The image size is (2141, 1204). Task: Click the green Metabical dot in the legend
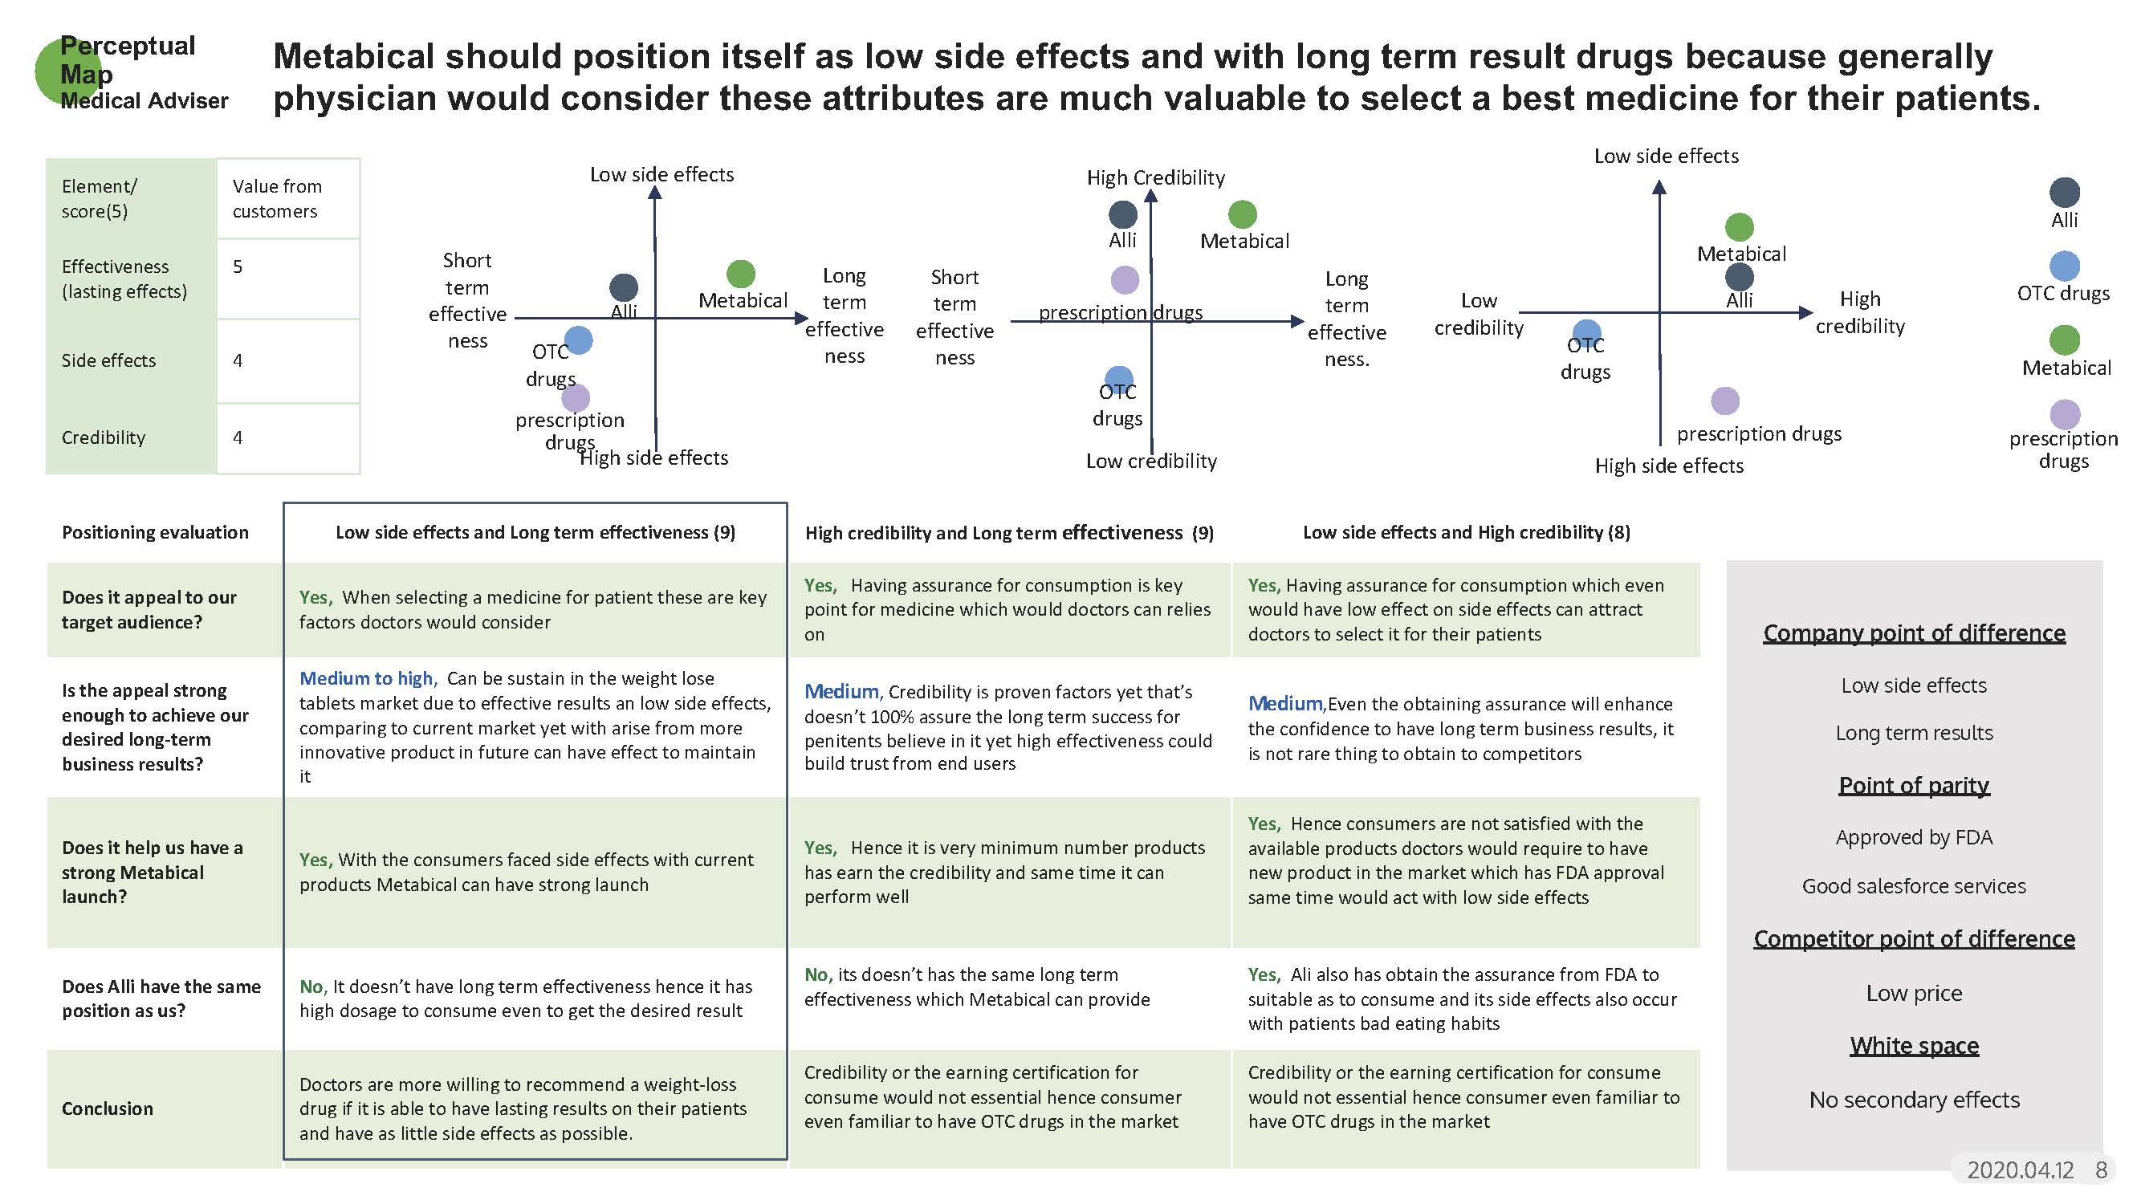[x=2064, y=339]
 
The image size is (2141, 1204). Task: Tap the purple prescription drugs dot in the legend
[x=2065, y=414]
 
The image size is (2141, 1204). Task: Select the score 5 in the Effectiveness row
[x=238, y=266]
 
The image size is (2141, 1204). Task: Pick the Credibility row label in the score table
[x=103, y=438]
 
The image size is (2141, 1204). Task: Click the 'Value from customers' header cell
[x=277, y=198]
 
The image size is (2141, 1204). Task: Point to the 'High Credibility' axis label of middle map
[x=1155, y=178]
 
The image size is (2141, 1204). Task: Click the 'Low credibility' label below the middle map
[x=1151, y=462]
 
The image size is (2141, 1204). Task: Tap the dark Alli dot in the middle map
[x=1123, y=214]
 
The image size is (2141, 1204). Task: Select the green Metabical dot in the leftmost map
[x=740, y=274]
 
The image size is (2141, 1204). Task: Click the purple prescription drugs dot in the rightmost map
[x=1724, y=401]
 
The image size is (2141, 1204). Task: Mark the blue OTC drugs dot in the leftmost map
[x=579, y=340]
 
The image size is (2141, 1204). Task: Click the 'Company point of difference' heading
[x=1913, y=633]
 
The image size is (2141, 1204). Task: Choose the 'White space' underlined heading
[x=1913, y=1045]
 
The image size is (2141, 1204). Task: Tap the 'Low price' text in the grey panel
[x=1913, y=993]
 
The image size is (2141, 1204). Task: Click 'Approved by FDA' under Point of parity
[x=1913, y=837]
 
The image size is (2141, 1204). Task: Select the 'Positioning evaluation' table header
[x=155, y=533]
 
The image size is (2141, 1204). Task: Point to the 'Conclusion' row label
[x=108, y=1108]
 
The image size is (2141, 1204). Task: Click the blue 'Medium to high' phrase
[x=366, y=679]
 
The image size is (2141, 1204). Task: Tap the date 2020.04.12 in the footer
[x=2020, y=1170]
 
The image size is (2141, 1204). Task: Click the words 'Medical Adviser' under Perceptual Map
[x=144, y=101]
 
